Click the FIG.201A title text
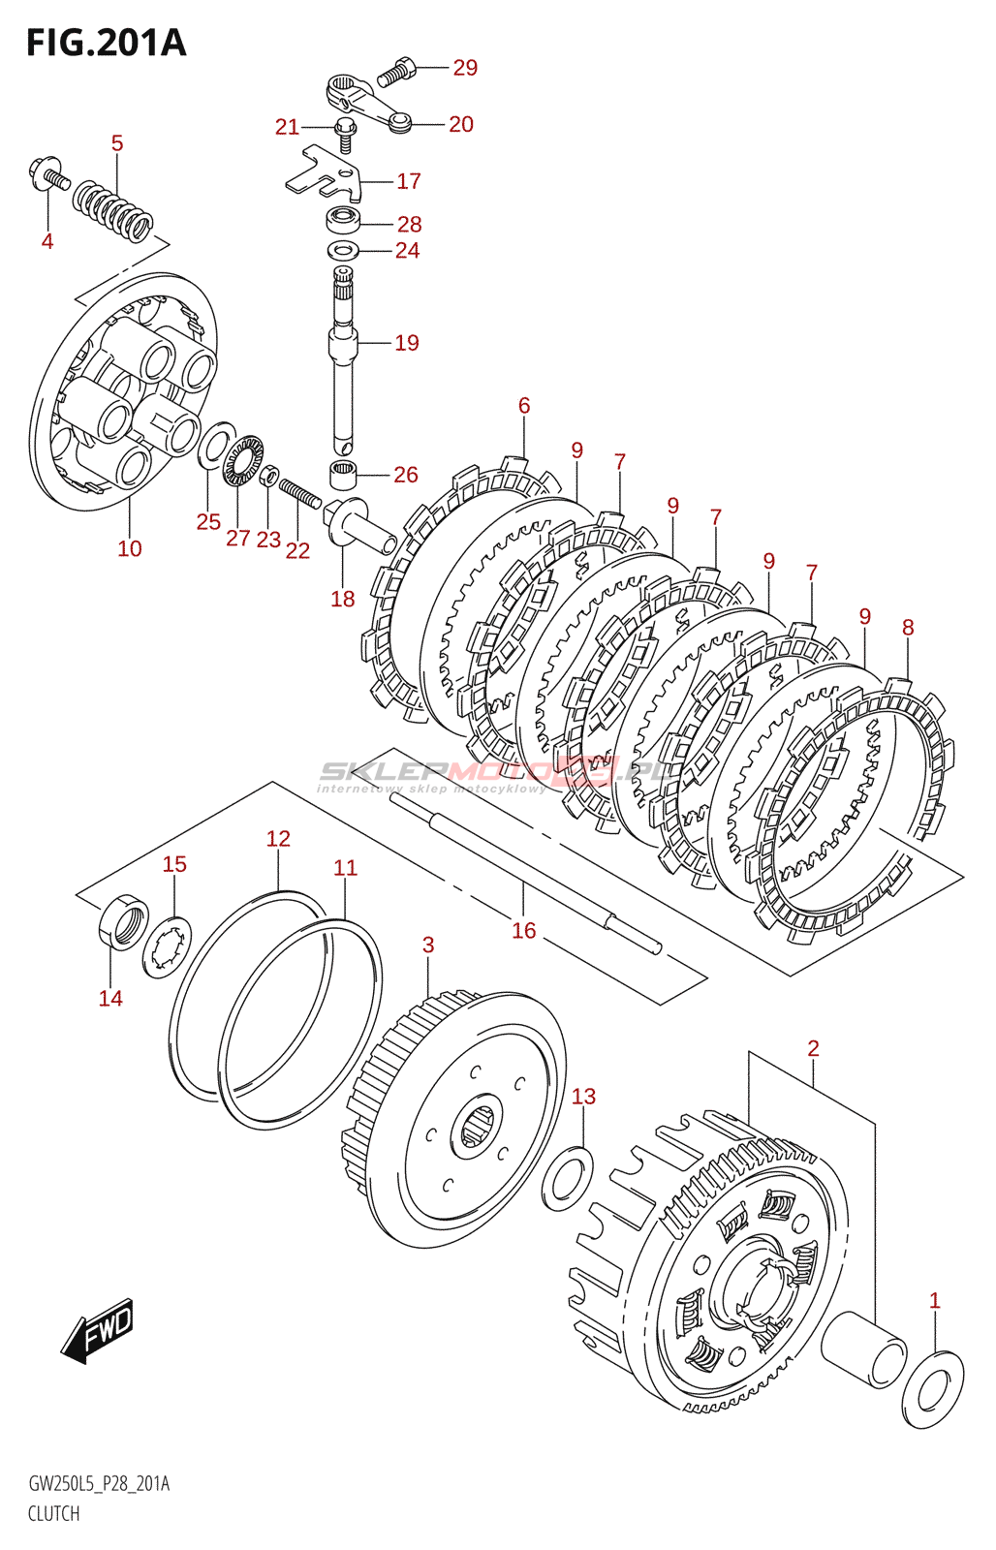(x=106, y=43)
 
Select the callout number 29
(x=465, y=68)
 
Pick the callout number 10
(x=130, y=548)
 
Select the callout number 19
(x=407, y=343)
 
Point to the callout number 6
(x=524, y=405)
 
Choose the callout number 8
(x=908, y=627)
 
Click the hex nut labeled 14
(x=124, y=924)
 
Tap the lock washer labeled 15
(x=167, y=946)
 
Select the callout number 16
(x=523, y=930)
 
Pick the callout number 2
(x=813, y=1047)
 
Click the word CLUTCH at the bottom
(x=54, y=1513)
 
